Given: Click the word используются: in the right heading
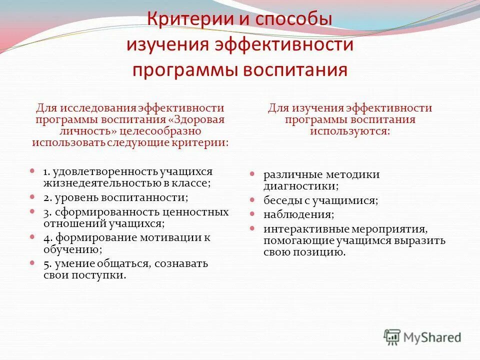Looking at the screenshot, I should click(349, 131).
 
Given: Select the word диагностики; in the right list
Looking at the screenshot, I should click(301, 186).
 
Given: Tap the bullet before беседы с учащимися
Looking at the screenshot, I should click(253, 200).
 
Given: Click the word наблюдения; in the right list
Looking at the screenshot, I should click(298, 214).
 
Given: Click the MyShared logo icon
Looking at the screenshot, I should click(392, 337).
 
